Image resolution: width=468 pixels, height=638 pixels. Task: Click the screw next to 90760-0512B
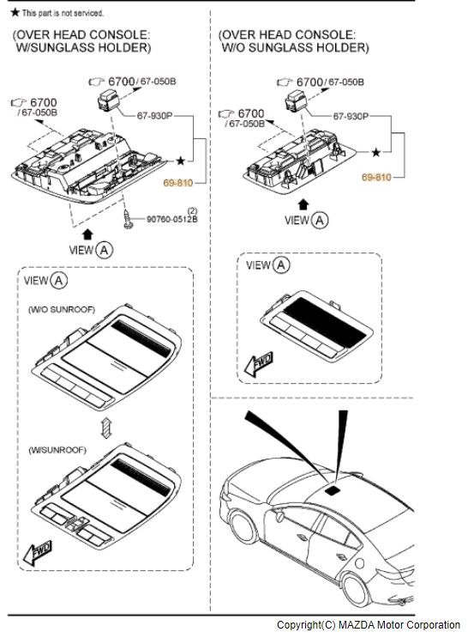tap(129, 220)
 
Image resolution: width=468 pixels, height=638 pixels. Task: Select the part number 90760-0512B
tap(171, 219)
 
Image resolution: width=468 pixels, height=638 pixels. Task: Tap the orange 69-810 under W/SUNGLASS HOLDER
tap(178, 183)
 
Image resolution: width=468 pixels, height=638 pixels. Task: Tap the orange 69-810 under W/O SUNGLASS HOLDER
tap(376, 177)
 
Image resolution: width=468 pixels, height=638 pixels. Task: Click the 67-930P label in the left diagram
tap(154, 116)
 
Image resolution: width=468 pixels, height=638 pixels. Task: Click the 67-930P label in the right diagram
tap(351, 117)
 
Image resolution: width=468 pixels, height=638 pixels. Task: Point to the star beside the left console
tap(180, 161)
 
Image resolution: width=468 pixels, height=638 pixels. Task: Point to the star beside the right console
tap(376, 153)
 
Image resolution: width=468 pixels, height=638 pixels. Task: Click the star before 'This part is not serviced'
tap(15, 12)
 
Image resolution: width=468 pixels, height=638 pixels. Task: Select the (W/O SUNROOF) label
tap(62, 310)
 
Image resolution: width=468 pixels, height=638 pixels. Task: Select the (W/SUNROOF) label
tap(57, 450)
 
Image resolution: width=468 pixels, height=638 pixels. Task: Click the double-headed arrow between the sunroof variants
tap(106, 428)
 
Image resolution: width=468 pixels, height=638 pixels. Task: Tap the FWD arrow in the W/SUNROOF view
tap(38, 553)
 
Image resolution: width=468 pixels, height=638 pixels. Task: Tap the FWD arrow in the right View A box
tap(259, 364)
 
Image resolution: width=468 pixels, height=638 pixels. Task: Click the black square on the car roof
tap(333, 490)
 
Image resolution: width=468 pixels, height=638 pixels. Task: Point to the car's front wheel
tap(244, 530)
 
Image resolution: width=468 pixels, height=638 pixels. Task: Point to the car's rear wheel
tap(355, 589)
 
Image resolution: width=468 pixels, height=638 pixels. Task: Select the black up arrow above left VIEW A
tap(87, 234)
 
